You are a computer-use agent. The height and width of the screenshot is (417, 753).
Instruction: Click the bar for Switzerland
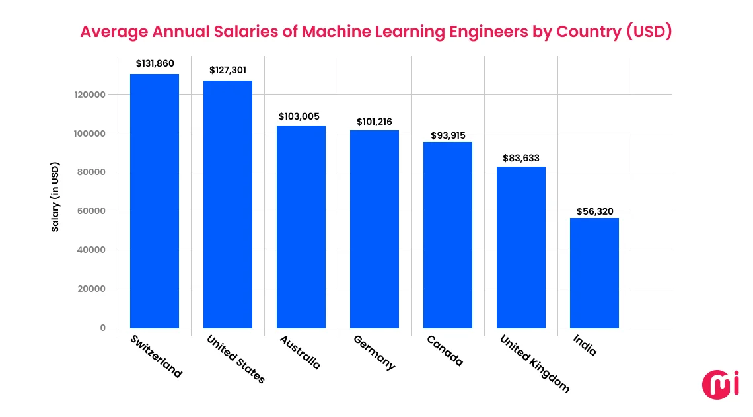pyautogui.click(x=155, y=201)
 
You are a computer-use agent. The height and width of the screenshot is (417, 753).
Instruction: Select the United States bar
pyautogui.click(x=228, y=204)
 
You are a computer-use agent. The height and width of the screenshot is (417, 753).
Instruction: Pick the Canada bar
pyautogui.click(x=448, y=235)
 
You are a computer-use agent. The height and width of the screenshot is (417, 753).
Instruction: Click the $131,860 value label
pyautogui.click(x=155, y=64)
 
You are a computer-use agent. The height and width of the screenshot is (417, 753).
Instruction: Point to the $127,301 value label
pyautogui.click(x=228, y=70)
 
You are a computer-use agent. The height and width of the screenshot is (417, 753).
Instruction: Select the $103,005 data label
pyautogui.click(x=301, y=116)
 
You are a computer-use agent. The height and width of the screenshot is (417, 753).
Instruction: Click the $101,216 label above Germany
pyautogui.click(x=375, y=122)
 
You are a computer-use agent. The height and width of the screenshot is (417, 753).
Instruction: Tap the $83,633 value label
pyautogui.click(x=521, y=158)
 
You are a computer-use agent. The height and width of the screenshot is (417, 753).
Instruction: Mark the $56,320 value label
pyautogui.click(x=594, y=211)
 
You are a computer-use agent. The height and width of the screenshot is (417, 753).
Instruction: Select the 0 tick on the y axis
pyautogui.click(x=102, y=328)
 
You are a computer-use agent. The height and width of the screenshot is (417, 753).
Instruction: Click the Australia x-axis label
pyautogui.click(x=301, y=352)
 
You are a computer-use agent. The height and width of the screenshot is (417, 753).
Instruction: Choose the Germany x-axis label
pyautogui.click(x=375, y=353)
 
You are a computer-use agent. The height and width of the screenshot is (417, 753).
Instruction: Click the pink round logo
pyautogui.click(x=720, y=385)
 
